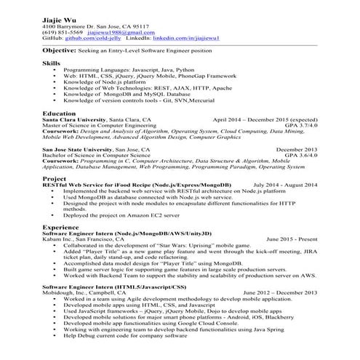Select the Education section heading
[x=60, y=114]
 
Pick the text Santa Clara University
[x=73, y=120]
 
